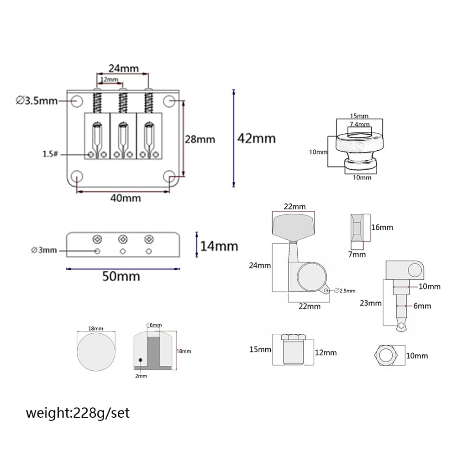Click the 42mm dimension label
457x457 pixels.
tap(256, 137)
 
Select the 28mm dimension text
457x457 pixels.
tap(200, 139)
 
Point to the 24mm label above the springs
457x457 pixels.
tap(123, 68)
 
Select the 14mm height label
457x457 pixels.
tap(219, 246)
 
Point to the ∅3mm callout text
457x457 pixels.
tap(44, 250)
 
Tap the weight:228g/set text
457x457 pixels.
tap(78, 413)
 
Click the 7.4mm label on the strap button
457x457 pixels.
tap(359, 124)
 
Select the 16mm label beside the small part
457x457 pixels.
tap(382, 227)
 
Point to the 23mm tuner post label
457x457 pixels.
tap(370, 303)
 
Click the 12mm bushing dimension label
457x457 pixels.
tap(325, 352)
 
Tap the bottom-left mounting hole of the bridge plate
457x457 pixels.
tap(77, 176)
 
